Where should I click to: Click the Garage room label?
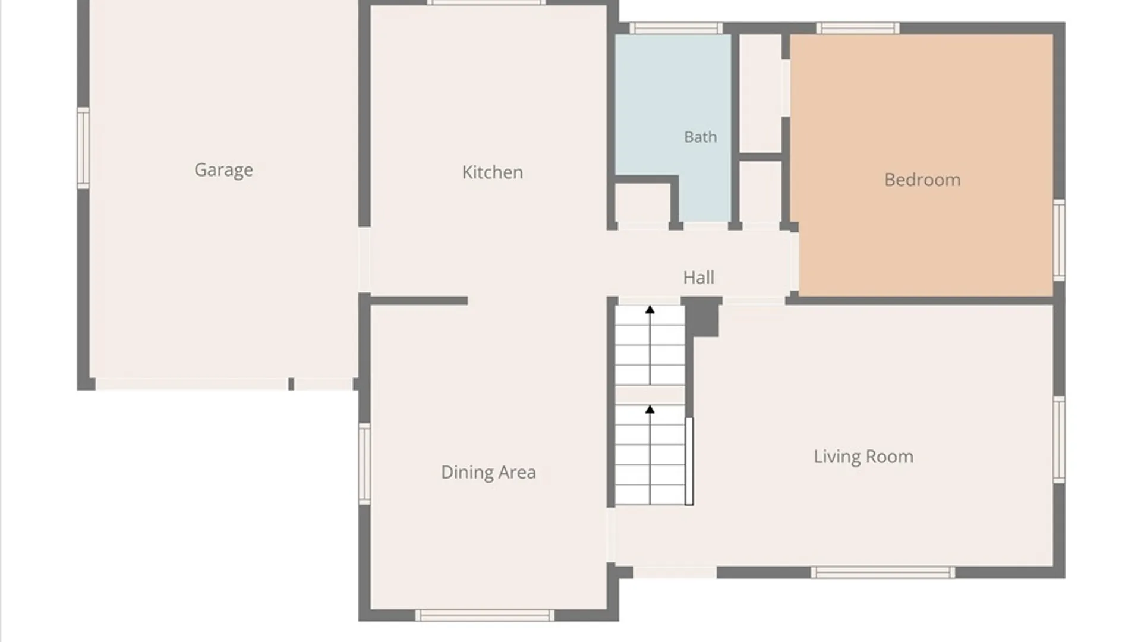[223, 170]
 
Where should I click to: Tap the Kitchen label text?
[493, 172]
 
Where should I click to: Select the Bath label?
[701, 137]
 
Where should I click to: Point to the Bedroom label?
[922, 180]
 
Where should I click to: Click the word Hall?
[699, 278]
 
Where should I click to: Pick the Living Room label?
[863, 457]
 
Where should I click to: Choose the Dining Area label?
[488, 473]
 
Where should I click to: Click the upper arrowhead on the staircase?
[650, 310]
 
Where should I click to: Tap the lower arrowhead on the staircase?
[650, 410]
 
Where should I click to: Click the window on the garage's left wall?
[83, 149]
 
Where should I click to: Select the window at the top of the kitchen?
[486, 2]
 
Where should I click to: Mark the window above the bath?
[676, 28]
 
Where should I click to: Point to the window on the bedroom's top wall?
[858, 28]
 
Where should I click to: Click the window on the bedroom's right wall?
[1059, 240]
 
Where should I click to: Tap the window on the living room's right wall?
[1059, 439]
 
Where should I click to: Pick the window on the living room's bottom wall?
[883, 572]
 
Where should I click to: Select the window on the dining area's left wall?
[364, 464]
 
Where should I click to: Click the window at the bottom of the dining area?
[484, 616]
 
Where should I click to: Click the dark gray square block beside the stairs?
[702, 317]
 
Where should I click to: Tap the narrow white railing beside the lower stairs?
[689, 461]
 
